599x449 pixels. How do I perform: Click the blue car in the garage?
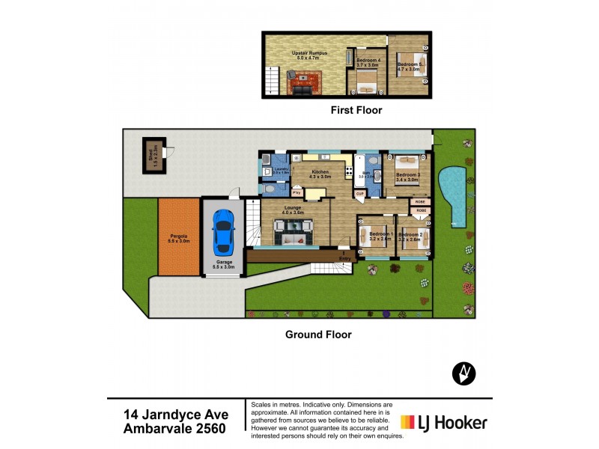pyautogui.click(x=222, y=231)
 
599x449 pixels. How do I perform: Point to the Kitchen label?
pyautogui.click(x=321, y=174)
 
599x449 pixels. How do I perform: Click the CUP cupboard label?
pyautogui.click(x=360, y=193)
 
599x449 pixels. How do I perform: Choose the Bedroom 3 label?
pyautogui.click(x=407, y=177)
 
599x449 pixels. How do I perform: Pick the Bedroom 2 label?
pyautogui.click(x=411, y=236)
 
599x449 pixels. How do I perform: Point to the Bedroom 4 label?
pyautogui.click(x=368, y=62)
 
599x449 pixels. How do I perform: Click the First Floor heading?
pyautogui.click(x=356, y=110)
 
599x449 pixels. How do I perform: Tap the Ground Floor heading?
pyautogui.click(x=318, y=335)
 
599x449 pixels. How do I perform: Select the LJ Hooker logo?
pyautogui.click(x=445, y=423)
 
